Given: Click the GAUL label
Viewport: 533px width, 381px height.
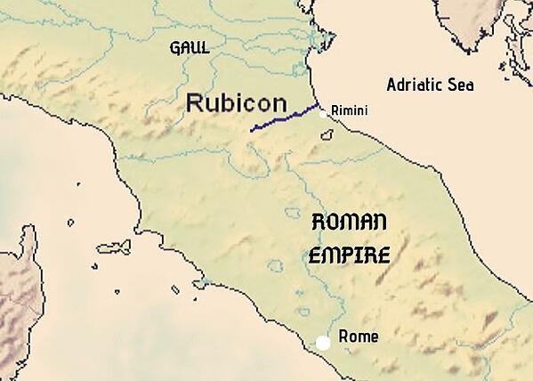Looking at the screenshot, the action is point(190,47).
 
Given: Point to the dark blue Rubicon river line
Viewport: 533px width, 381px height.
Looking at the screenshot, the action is point(285,118).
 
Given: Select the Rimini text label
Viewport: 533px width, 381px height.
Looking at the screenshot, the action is point(349,110).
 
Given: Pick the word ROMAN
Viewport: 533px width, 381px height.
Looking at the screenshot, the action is point(349,223).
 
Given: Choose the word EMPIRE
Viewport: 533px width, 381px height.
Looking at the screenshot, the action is point(349,255).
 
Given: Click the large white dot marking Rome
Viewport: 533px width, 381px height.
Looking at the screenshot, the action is point(323,342).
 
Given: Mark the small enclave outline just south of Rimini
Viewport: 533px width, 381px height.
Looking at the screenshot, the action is point(327,135).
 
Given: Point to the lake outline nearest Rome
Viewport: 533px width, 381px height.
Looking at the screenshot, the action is point(303,312).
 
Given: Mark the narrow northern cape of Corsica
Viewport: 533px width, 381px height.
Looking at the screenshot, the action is point(32,237).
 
